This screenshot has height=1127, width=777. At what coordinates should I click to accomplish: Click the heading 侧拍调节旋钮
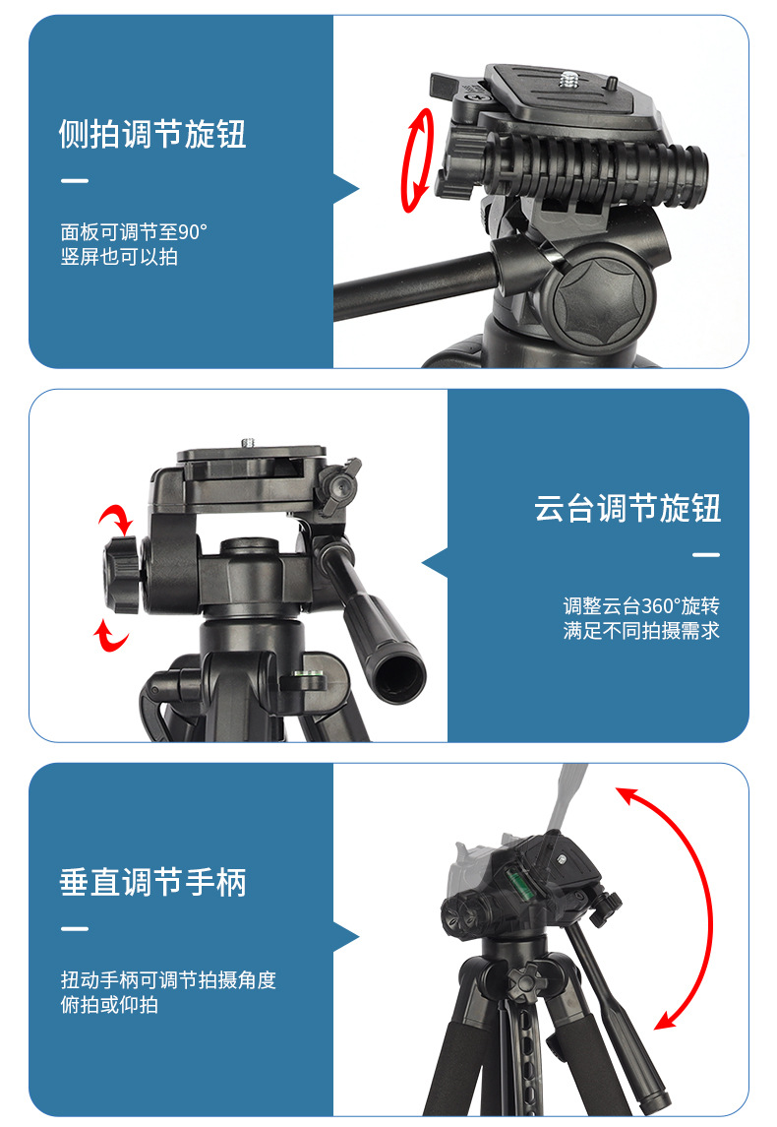152,134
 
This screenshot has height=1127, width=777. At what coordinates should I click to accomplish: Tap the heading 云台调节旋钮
628,508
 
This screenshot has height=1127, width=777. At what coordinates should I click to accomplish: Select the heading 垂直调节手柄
152,882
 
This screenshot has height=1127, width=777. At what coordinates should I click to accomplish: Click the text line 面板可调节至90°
134,233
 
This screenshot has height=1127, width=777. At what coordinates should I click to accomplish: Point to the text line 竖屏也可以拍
119,258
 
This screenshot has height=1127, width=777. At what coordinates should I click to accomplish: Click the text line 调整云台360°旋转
641,606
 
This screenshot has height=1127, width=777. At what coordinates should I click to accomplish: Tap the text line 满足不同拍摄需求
641,631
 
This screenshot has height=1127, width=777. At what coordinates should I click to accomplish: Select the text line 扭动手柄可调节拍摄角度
168,980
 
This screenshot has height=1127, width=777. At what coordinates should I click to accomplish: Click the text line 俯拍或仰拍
109,1005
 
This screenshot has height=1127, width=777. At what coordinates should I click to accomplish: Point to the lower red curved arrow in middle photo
111,636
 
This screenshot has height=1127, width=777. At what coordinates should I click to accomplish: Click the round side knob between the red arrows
123,575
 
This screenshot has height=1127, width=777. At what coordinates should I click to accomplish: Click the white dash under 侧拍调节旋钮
74,181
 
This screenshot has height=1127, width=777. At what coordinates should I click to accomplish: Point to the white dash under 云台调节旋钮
705,555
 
